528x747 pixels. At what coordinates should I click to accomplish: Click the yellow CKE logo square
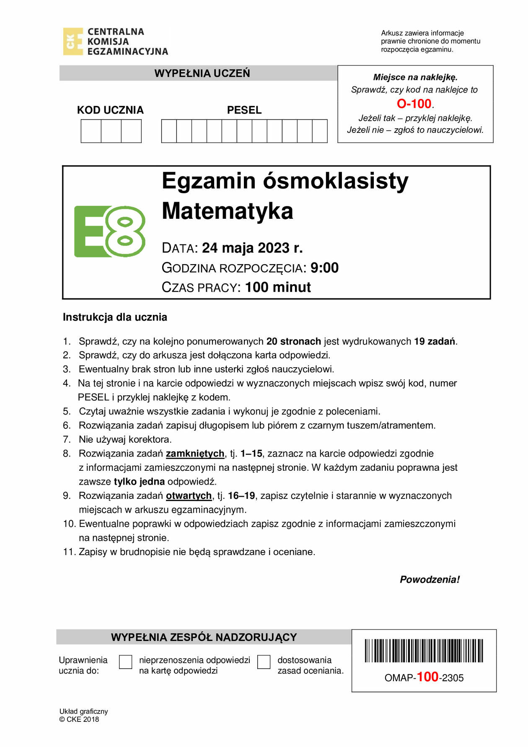click(x=73, y=41)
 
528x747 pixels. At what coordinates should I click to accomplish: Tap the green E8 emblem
click(x=110, y=231)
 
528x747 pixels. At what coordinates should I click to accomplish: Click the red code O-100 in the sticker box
click(x=414, y=104)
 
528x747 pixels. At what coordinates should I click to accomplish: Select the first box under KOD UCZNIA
click(x=91, y=131)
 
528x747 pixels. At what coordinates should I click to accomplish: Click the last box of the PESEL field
click(x=320, y=131)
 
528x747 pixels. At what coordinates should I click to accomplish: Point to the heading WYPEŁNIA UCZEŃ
click(x=202, y=73)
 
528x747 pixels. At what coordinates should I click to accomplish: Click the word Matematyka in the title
click(x=228, y=211)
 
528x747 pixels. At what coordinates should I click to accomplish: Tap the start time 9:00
click(x=324, y=268)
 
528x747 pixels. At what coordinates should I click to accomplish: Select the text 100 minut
click(x=278, y=288)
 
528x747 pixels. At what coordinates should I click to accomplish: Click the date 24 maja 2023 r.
click(x=252, y=248)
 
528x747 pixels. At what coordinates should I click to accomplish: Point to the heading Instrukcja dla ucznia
click(x=115, y=317)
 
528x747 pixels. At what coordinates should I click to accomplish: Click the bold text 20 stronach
click(x=293, y=342)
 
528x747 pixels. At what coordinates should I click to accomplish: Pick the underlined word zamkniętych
click(x=195, y=454)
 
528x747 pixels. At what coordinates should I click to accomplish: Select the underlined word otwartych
click(x=189, y=496)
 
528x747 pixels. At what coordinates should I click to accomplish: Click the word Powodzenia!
click(x=430, y=580)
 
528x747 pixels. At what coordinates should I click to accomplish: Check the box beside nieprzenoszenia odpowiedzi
click(x=126, y=662)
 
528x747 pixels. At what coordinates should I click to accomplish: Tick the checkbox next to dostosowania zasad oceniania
click(x=264, y=662)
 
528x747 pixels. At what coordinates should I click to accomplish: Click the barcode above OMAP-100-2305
click(x=424, y=651)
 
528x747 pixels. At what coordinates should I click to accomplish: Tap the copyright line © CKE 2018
click(x=79, y=719)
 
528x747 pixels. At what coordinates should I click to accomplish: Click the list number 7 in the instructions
click(x=67, y=440)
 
